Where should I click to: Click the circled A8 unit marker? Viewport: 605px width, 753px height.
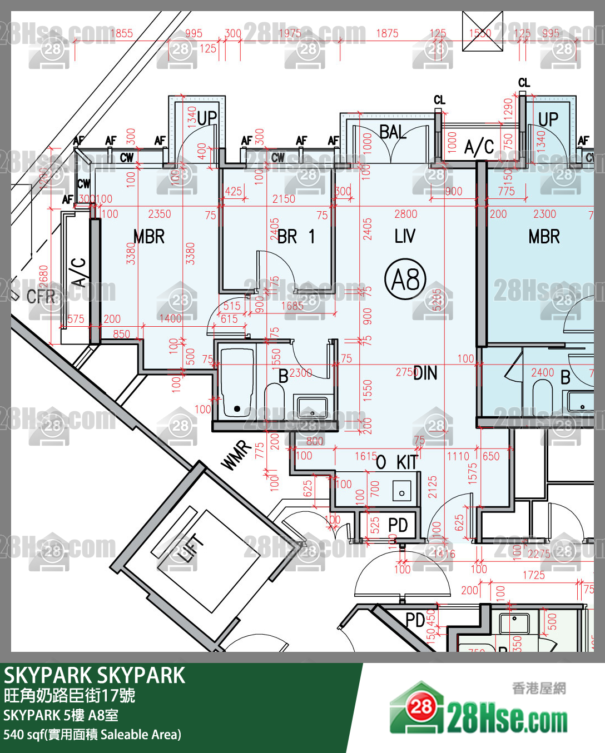click(405, 279)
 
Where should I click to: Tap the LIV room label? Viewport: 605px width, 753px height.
click(405, 236)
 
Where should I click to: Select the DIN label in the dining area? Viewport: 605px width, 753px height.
click(425, 373)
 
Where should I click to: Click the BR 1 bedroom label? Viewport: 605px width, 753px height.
click(296, 237)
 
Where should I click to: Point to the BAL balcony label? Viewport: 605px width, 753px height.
click(393, 132)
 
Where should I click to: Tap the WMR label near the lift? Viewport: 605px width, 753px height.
click(236, 455)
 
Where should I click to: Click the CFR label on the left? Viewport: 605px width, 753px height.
click(41, 296)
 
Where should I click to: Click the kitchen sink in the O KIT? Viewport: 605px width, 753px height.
click(402, 492)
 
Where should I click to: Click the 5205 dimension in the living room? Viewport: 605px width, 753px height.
click(437, 300)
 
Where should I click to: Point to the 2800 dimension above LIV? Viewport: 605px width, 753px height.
click(405, 214)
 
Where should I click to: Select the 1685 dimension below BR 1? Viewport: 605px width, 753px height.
click(292, 306)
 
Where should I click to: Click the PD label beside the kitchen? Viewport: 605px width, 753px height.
click(398, 525)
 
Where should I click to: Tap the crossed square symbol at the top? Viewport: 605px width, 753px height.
click(483, 31)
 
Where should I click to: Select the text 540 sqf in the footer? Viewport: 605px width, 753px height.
click(22, 735)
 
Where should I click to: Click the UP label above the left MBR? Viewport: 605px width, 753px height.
click(207, 118)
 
